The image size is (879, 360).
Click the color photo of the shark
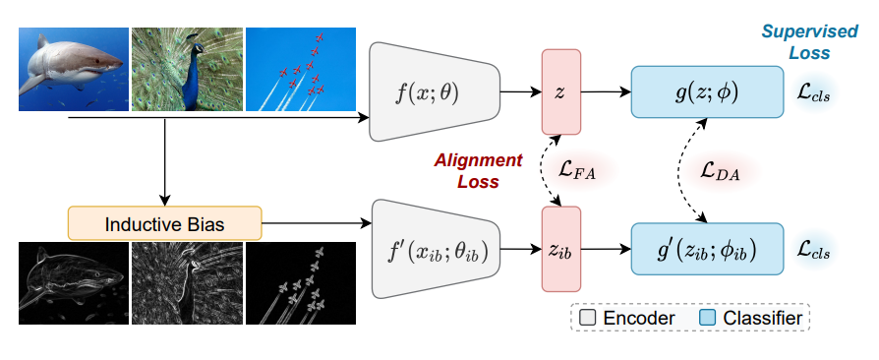point(74,69)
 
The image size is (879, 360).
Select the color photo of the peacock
point(186,69)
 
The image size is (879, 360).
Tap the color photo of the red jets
point(300,69)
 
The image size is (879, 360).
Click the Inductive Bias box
point(164,224)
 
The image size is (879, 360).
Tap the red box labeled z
point(560,92)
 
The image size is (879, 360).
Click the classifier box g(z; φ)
point(706,92)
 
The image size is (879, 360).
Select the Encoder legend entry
point(625,318)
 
